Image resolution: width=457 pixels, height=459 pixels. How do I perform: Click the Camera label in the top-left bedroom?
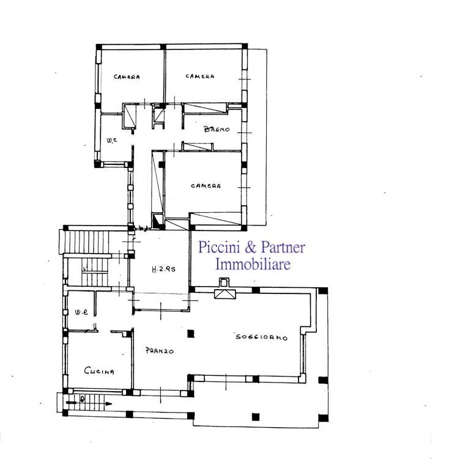click(127, 77)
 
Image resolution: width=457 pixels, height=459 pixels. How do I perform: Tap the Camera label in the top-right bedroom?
click(200, 76)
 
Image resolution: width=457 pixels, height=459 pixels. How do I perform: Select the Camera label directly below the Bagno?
click(206, 186)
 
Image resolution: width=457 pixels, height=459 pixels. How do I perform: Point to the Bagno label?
click(217, 129)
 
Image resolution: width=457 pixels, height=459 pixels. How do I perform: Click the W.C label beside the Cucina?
click(81, 312)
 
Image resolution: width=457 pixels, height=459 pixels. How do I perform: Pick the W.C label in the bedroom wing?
click(112, 140)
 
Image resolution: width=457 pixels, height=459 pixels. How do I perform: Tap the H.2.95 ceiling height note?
click(163, 269)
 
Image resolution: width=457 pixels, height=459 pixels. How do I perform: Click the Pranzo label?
click(159, 350)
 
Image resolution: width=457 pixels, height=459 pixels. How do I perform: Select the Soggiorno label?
click(262, 337)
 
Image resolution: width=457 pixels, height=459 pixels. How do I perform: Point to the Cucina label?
click(99, 371)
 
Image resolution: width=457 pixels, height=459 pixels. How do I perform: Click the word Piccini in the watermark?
click(220, 248)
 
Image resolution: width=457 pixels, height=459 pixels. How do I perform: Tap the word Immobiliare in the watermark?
click(253, 264)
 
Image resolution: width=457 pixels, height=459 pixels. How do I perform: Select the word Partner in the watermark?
click(283, 248)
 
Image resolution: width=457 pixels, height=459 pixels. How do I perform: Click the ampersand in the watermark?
click(250, 248)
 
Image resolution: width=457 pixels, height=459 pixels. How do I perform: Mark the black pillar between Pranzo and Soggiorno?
click(191, 334)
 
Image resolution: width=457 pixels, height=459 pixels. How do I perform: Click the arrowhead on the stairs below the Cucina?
click(108, 403)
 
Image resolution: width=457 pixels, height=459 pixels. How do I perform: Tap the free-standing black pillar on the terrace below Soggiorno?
click(256, 417)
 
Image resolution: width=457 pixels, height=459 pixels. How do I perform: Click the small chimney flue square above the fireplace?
click(223, 282)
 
